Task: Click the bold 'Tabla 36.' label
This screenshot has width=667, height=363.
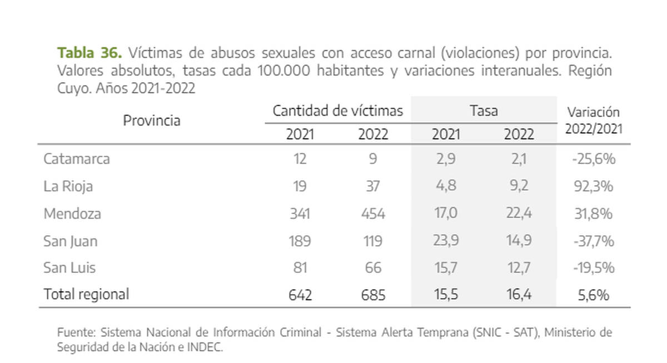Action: [x=89, y=53]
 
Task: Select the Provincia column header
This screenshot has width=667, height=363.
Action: [x=152, y=121]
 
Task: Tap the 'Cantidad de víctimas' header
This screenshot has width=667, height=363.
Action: [x=337, y=111]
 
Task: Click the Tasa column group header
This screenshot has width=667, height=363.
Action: [x=484, y=111]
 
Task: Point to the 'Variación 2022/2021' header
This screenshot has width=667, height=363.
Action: [x=594, y=121]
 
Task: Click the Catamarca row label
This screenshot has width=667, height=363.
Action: [x=77, y=159]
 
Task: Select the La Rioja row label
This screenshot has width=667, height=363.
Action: [x=68, y=186]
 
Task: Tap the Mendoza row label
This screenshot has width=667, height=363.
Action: [x=72, y=213]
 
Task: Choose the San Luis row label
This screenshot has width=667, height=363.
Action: [x=69, y=268]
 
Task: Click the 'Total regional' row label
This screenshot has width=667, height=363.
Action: [x=86, y=294]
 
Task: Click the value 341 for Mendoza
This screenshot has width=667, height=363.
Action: [x=300, y=214]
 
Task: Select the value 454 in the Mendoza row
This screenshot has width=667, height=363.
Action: [x=372, y=214]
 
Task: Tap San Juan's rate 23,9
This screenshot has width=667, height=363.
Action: [x=445, y=241]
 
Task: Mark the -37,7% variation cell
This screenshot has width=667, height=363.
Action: [x=593, y=241]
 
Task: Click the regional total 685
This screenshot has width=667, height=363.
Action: [x=372, y=295]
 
